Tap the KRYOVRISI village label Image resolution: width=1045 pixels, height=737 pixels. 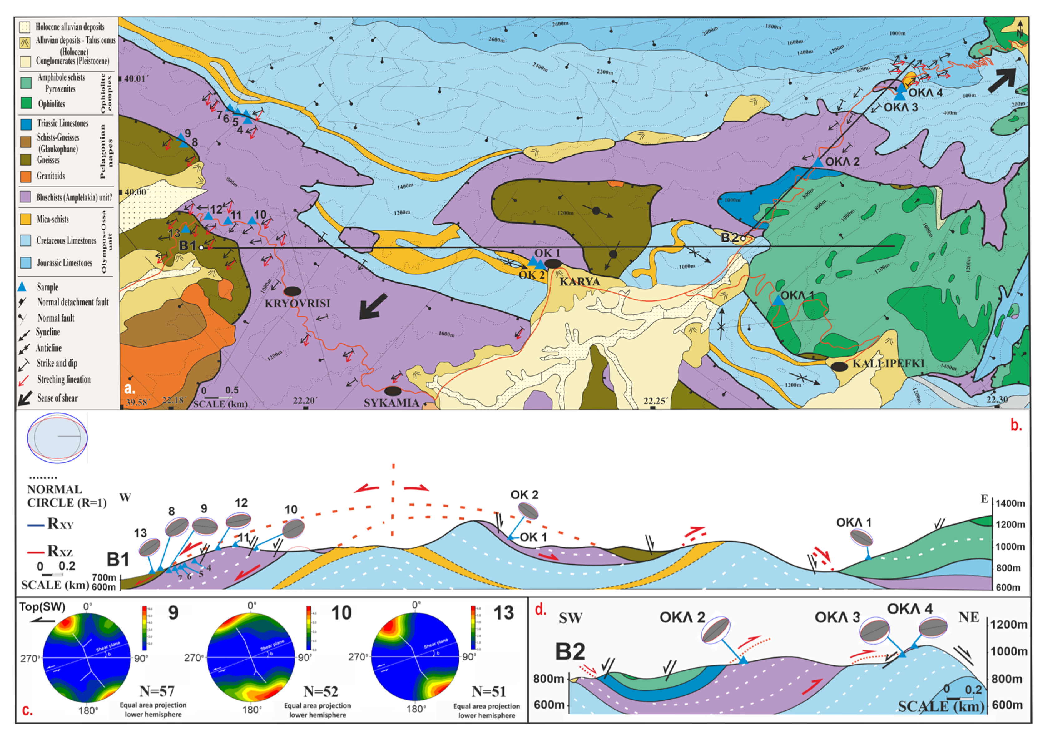[x=297, y=303]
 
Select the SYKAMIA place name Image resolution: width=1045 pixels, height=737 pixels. [x=391, y=403]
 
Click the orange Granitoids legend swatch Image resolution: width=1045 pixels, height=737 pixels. [x=26, y=176]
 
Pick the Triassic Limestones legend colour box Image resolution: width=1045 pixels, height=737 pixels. [x=26, y=123]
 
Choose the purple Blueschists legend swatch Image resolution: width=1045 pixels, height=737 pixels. [x=26, y=197]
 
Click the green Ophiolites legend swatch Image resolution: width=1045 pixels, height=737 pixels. [x=26, y=103]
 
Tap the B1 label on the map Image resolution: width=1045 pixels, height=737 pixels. [x=187, y=245]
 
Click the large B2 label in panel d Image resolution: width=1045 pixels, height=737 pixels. [x=570, y=652]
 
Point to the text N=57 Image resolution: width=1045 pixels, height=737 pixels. [x=157, y=691]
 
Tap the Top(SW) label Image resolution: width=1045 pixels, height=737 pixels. [x=42, y=607]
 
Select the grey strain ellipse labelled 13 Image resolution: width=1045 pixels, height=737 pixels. [x=149, y=547]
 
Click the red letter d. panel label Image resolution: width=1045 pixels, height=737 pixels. [x=540, y=610]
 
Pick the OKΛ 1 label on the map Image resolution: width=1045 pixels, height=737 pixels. [x=797, y=296]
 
